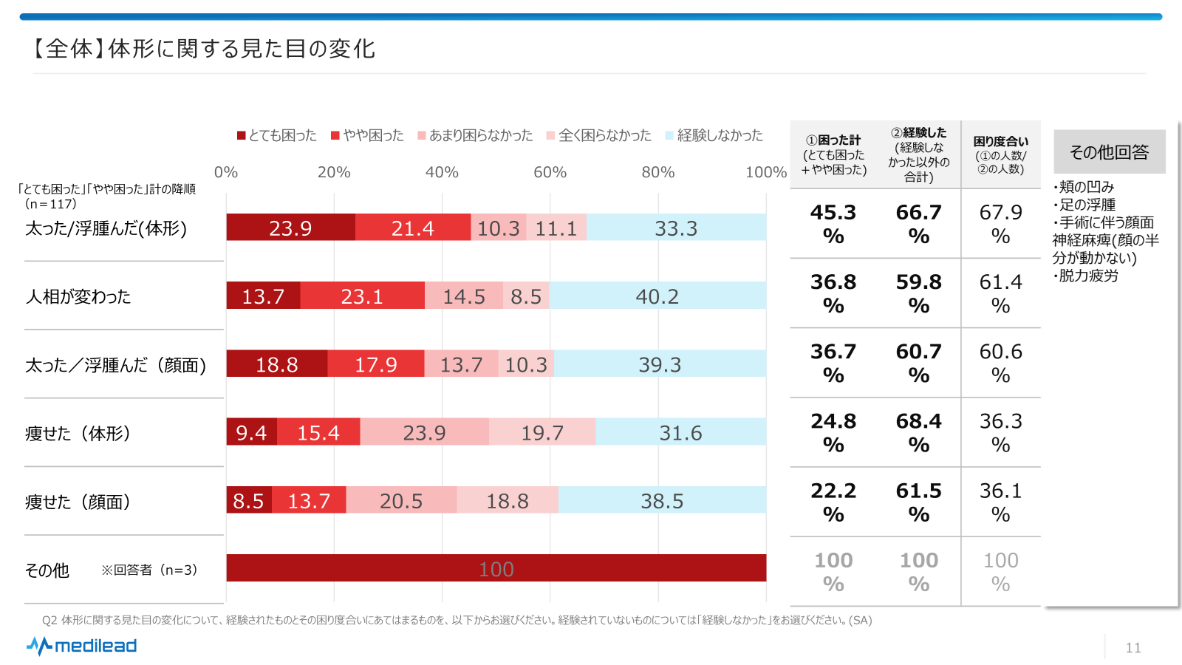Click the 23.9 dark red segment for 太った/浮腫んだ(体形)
[290, 228]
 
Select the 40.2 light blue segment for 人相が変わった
[657, 296]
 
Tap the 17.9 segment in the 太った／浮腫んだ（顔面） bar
[376, 364]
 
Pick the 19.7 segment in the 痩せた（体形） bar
[542, 432]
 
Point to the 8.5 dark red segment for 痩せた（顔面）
[249, 500]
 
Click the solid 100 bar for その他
[496, 568]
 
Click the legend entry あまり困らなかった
[475, 135]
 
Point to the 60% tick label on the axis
[550, 172]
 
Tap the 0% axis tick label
[226, 172]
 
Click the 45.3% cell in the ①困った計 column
[833, 224]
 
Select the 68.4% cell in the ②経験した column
[918, 432]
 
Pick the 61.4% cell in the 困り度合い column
[1000, 293]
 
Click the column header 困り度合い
[1000, 154]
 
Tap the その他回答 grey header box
[1109, 151]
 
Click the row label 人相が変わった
[78, 296]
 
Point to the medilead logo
[82, 646]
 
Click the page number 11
[1133, 648]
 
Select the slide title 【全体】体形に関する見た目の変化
[202, 49]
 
